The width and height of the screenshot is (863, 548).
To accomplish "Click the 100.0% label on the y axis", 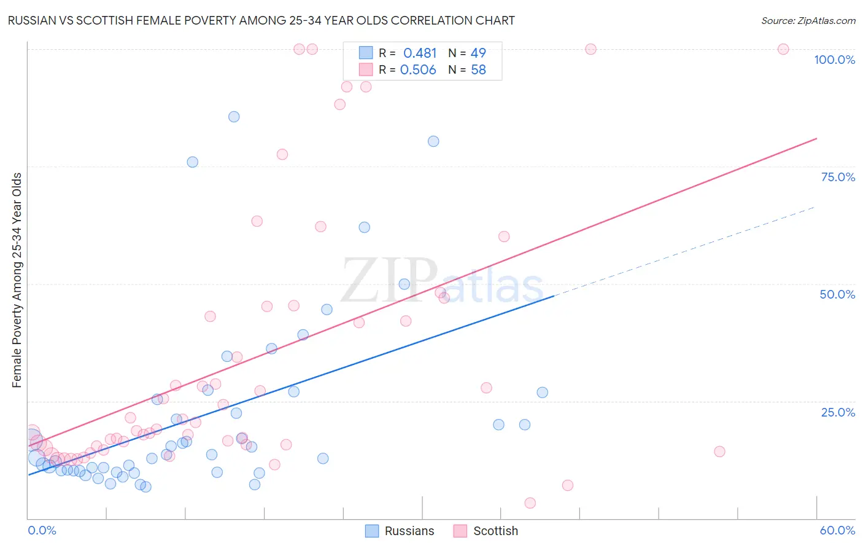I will click(x=834, y=60).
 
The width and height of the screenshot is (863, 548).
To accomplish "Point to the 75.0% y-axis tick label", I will click(x=838, y=177).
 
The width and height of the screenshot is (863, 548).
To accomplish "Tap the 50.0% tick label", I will click(x=837, y=294).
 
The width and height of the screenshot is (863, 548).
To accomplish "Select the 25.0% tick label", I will click(x=838, y=412).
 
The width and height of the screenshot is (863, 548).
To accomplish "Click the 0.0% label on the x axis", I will click(x=42, y=530).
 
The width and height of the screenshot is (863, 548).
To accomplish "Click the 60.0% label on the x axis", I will click(x=837, y=530).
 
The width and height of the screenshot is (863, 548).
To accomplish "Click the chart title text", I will click(x=261, y=20).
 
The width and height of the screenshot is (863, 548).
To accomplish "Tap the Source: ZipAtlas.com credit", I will click(x=808, y=20).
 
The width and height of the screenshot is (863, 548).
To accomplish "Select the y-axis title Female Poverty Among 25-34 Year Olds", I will click(x=17, y=280).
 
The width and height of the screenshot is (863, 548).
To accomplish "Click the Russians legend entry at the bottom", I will click(x=400, y=531).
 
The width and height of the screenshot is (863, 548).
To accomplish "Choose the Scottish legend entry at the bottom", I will click(x=486, y=531).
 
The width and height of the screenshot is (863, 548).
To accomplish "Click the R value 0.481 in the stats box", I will click(x=420, y=53).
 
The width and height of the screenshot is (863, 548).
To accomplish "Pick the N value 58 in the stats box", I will click(x=478, y=70).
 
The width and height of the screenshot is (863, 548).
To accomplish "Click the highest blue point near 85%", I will click(x=234, y=117).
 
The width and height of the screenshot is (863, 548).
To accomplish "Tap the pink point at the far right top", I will click(x=783, y=49).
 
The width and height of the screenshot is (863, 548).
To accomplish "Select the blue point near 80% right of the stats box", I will click(x=433, y=141).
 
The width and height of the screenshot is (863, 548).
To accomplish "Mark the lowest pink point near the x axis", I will click(x=530, y=503).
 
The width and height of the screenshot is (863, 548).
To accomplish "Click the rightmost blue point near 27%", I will click(x=542, y=393).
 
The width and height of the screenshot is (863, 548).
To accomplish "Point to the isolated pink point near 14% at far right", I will click(x=719, y=452).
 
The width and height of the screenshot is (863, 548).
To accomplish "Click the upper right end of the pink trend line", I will click(x=816, y=138).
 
